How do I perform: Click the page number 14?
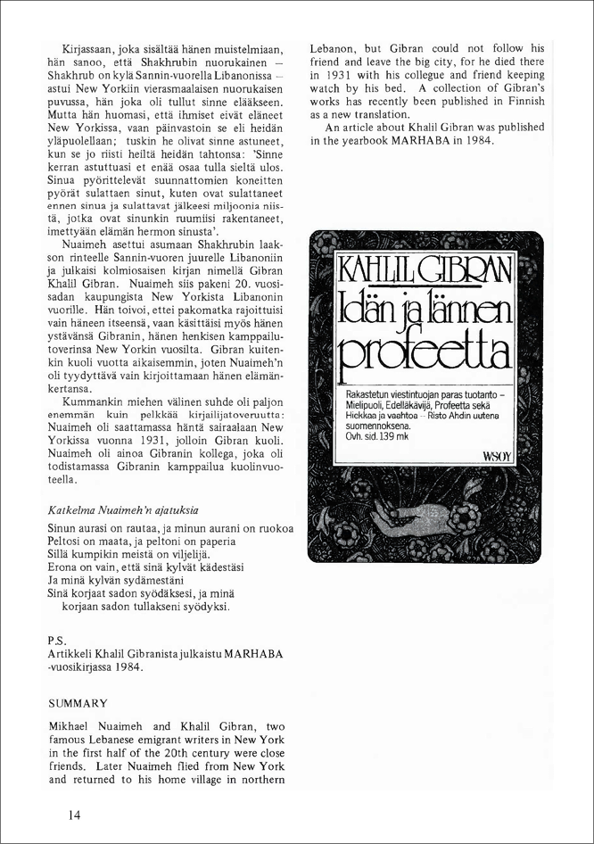pyautogui.click(x=73, y=815)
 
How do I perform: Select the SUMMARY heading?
pyautogui.click(x=78, y=703)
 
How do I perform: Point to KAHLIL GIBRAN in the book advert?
pyautogui.click(x=424, y=269)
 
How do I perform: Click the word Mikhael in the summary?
pyautogui.click(x=72, y=729)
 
